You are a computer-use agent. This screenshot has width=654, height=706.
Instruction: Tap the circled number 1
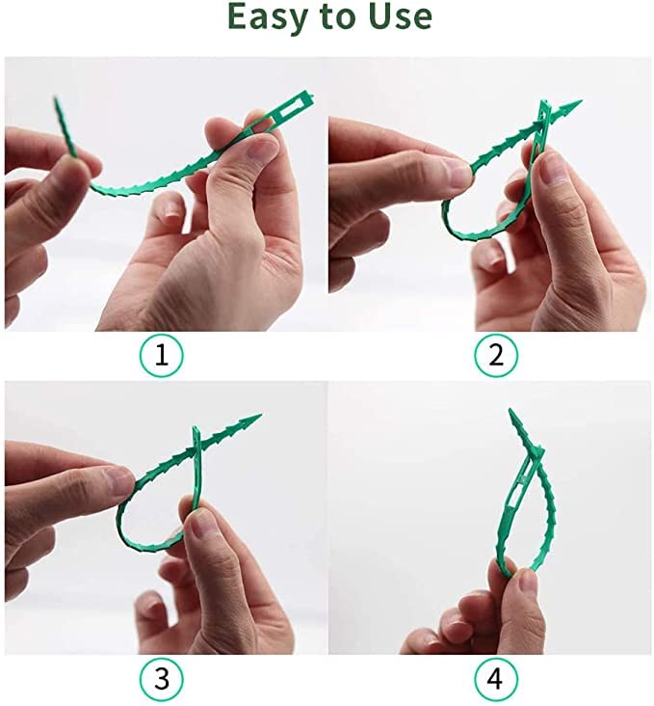(x=161, y=355)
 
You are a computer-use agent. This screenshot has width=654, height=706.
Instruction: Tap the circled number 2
(x=495, y=355)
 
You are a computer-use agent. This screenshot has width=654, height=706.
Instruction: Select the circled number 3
(x=161, y=678)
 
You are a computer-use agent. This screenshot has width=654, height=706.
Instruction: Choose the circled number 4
(x=495, y=678)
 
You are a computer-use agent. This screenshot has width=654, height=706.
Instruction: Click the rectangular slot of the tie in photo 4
(x=520, y=479)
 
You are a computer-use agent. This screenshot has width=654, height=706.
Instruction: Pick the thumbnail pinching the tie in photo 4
(x=525, y=583)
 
